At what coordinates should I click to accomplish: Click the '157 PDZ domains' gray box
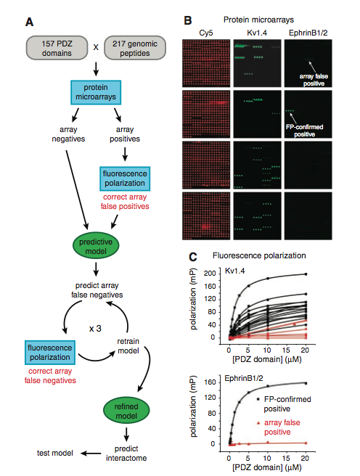point(57,48)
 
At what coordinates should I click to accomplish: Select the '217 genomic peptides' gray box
point(135,48)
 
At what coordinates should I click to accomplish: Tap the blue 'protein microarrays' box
point(96,92)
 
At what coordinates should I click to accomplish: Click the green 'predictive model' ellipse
point(96,246)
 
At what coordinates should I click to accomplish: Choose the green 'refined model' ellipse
point(126,411)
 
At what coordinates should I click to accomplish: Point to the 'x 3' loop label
point(95,329)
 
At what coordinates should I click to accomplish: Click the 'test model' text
point(55,453)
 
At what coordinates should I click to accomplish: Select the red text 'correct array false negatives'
point(50,376)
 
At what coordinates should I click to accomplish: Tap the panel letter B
point(188,20)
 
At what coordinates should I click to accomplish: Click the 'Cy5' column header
point(206,33)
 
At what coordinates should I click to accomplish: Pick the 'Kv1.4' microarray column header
point(257,33)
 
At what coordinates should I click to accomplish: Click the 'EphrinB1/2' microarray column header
point(308,33)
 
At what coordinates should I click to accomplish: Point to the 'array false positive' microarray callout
point(314,80)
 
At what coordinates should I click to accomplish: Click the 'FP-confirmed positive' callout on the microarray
point(304,131)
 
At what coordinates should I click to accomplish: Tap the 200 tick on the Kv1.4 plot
point(210,274)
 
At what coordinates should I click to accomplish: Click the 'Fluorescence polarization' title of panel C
point(259,255)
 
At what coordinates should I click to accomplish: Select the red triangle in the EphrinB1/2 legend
point(258,422)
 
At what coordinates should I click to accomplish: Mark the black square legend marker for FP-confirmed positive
point(258,399)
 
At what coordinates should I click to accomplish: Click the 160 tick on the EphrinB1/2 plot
point(210,382)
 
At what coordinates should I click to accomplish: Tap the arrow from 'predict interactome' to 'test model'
point(91,454)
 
